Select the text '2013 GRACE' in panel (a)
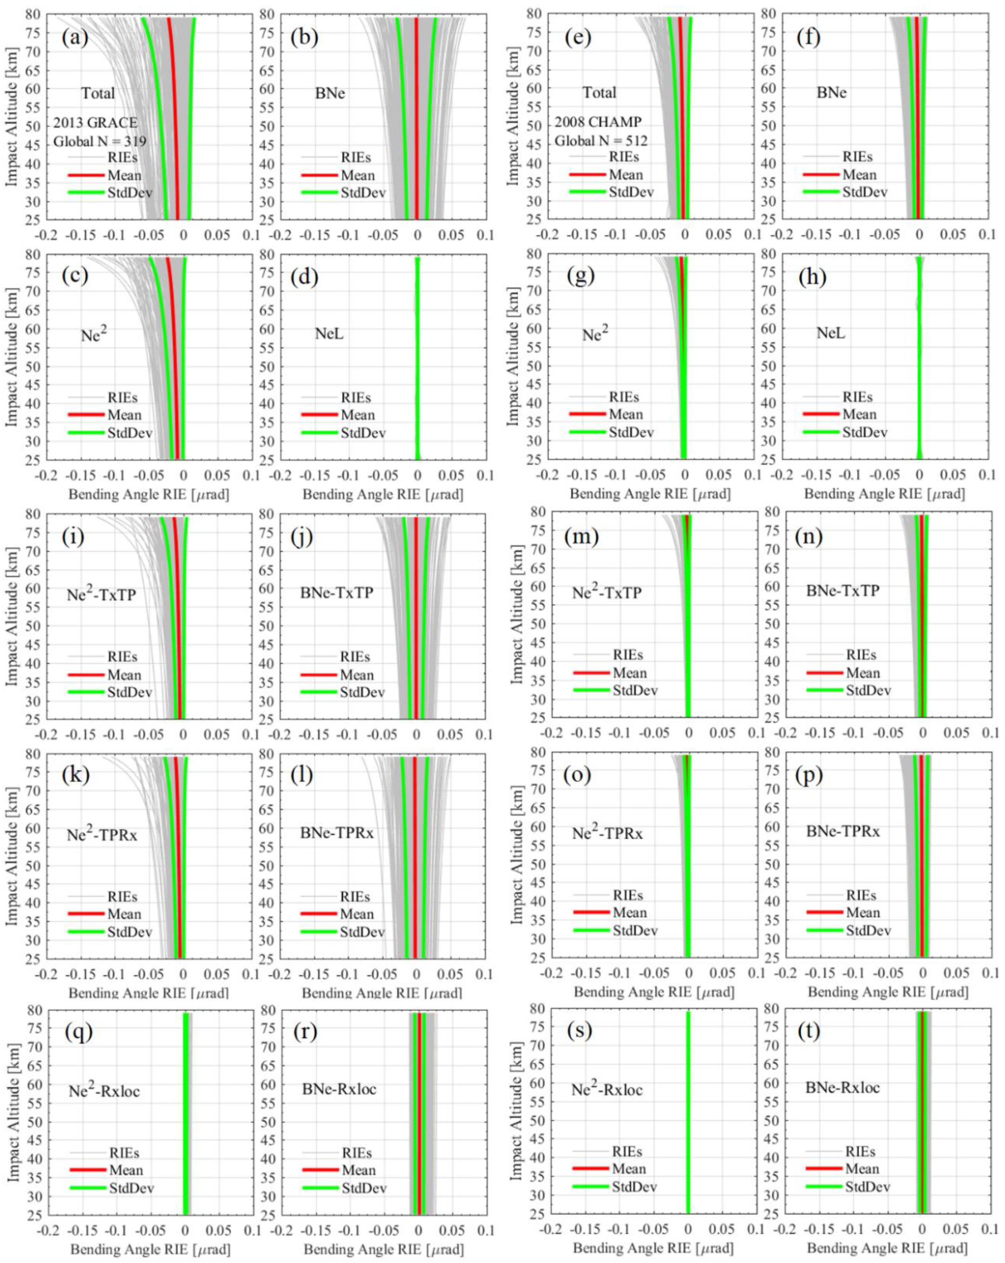click(x=95, y=123)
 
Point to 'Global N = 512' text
click(x=601, y=141)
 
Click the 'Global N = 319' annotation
click(x=100, y=142)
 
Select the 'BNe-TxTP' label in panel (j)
click(x=337, y=593)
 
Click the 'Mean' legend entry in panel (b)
click(x=357, y=175)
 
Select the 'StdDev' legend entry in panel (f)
click(x=864, y=192)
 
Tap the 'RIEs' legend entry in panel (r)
click(x=356, y=1153)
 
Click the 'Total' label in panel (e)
click(x=599, y=93)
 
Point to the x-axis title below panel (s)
click(x=653, y=1248)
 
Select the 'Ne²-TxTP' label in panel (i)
click(x=101, y=594)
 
